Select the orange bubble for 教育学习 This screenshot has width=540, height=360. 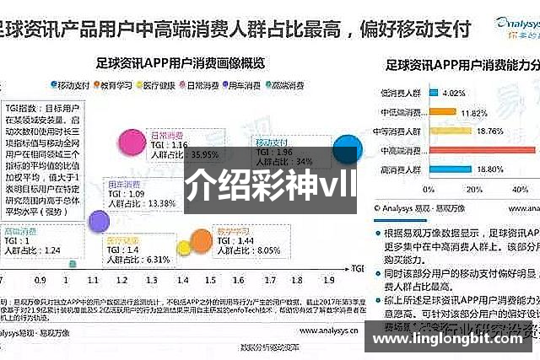(201, 242)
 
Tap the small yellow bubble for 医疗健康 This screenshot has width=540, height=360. (184, 248)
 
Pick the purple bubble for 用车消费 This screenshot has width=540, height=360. (99, 221)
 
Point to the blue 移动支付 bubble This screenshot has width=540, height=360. (346, 152)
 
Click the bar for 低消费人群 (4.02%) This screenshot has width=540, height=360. (429, 93)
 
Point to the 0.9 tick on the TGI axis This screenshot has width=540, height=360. (40, 279)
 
